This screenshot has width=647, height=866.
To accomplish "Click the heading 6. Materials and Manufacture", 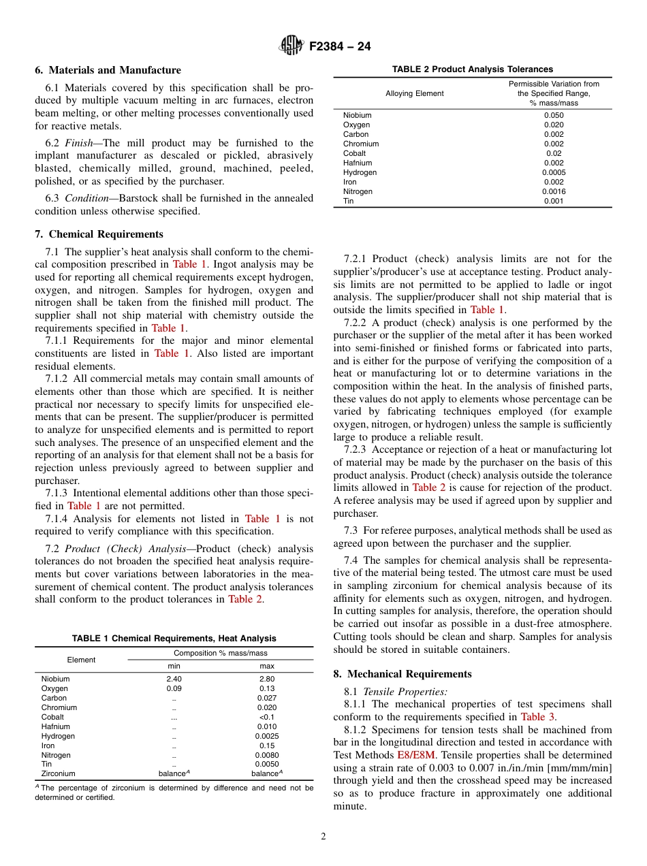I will (108, 70).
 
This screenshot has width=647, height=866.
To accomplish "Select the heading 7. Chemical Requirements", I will (99, 234).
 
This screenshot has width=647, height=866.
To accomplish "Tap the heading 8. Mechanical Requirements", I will (402, 674).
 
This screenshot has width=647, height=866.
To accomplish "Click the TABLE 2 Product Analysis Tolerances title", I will (473, 69).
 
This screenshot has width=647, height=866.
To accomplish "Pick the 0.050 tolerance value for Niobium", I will (554, 115).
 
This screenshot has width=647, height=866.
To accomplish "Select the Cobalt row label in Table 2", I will (354, 153).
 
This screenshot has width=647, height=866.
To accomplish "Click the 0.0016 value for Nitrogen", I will (554, 191).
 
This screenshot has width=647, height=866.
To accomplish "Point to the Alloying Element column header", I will (414, 93).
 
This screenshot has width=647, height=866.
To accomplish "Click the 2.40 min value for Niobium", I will (174, 679).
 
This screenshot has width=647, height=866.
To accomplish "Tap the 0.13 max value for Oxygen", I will (267, 688).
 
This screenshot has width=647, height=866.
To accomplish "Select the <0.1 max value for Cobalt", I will (267, 717).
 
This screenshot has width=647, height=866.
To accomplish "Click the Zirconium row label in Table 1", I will (58, 773).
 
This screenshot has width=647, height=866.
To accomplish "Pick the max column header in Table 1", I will (267, 666).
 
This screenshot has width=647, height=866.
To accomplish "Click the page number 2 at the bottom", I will (323, 837).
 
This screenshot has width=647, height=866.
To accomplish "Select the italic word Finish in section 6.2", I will (79, 143).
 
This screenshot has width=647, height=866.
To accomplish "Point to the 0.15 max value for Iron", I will (267, 745).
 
